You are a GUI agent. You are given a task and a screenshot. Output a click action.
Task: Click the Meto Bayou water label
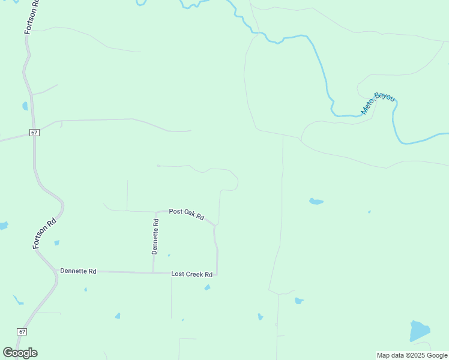378,103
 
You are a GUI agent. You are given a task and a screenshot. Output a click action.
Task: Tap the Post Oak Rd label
187,214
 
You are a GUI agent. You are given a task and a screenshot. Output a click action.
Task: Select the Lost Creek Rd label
192,274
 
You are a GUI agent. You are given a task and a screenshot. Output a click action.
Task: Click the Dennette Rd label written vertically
155,236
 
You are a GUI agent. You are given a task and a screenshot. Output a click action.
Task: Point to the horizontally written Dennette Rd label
78,271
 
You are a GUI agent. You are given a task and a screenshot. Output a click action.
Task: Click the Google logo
20,352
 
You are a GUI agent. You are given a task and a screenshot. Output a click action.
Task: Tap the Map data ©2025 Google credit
412,355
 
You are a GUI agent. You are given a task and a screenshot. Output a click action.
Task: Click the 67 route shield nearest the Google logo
22,332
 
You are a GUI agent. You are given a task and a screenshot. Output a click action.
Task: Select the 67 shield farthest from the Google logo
35,132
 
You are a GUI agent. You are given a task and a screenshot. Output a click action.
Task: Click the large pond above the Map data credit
420,331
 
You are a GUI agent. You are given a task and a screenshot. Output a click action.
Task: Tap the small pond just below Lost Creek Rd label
208,287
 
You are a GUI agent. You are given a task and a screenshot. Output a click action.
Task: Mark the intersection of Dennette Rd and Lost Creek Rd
153,273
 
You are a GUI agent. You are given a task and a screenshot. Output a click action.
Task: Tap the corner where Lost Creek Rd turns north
217,275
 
